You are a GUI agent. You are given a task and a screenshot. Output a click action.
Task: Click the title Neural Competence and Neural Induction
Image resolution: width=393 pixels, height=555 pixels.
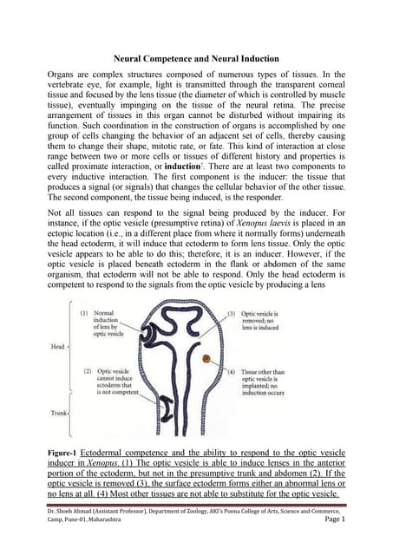(x=195, y=60)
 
